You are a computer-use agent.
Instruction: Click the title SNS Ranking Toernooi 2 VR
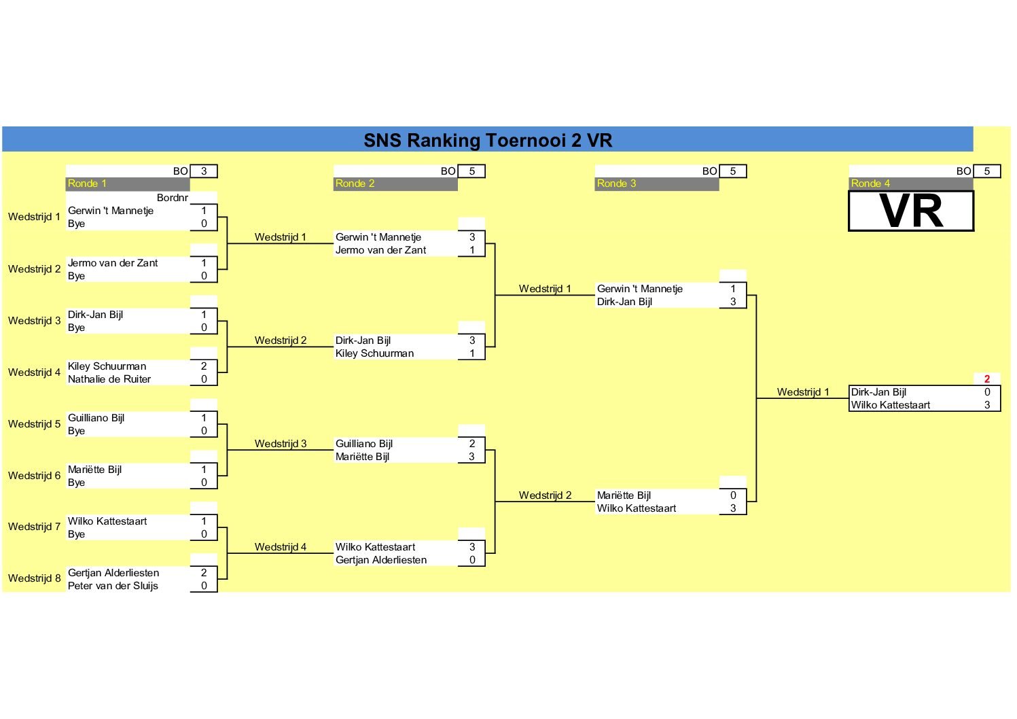tap(488, 140)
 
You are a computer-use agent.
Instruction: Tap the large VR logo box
tap(911, 211)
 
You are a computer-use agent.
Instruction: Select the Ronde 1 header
tap(87, 183)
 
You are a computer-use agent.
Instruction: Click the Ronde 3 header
tap(616, 183)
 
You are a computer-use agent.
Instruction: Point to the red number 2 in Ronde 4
tap(986, 379)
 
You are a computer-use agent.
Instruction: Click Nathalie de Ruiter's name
tap(109, 379)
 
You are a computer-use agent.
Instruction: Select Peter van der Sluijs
tap(113, 586)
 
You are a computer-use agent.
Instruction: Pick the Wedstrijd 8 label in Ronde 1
tap(35, 578)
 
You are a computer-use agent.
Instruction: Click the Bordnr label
tap(172, 198)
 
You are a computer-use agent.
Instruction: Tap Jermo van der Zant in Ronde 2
tap(380, 250)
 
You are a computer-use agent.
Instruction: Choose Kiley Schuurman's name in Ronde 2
tap(374, 353)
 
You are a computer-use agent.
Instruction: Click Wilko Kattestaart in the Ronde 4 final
tap(890, 405)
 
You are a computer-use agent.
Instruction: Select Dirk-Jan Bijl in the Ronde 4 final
tap(878, 392)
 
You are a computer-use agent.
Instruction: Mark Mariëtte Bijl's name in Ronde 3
tap(624, 495)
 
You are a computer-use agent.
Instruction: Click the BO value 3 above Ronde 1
tap(204, 171)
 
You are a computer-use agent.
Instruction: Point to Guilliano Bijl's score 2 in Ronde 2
tap(472, 444)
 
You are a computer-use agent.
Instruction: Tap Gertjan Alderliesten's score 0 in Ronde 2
tap(472, 560)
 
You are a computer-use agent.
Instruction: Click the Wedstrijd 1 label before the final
tap(803, 392)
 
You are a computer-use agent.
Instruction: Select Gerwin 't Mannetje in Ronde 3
tap(639, 289)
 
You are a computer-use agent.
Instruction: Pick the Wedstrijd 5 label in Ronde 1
tap(35, 424)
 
